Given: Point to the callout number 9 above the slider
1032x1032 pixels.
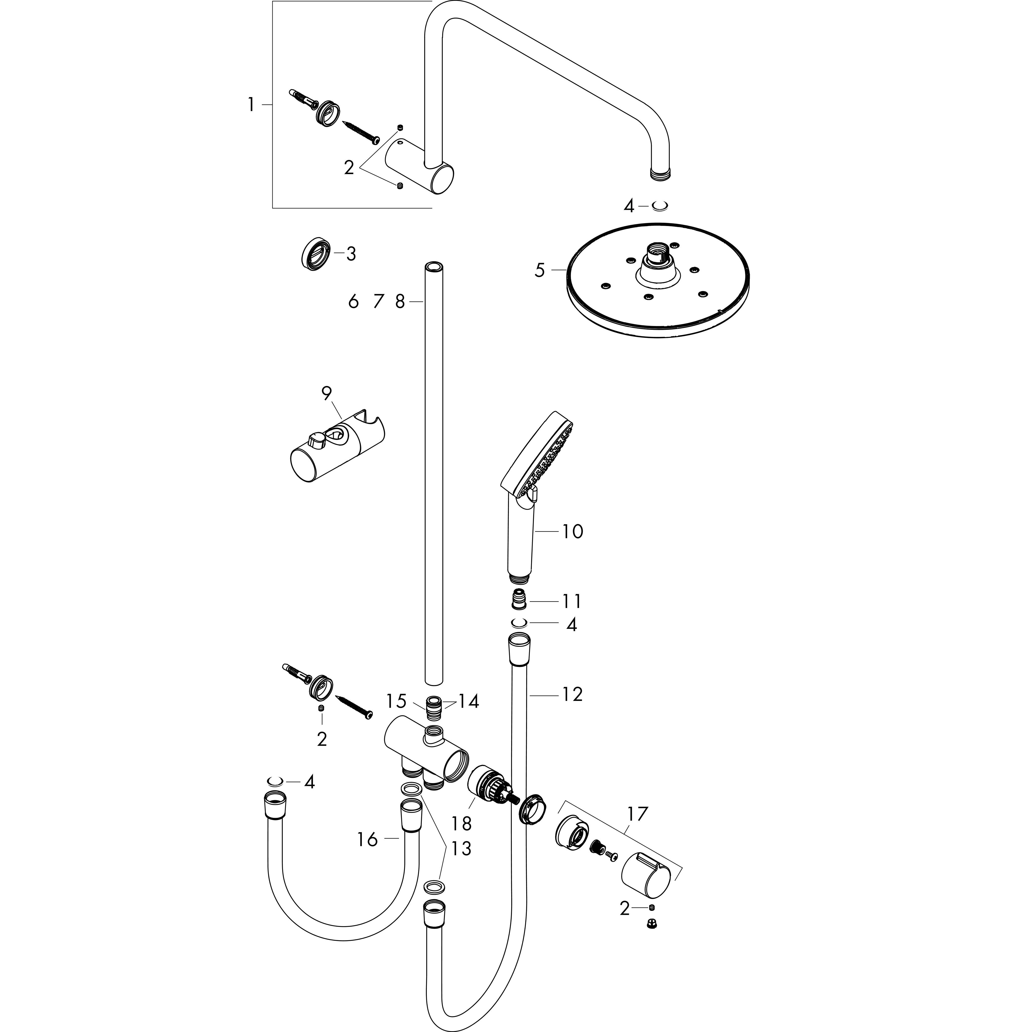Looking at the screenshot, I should [326, 394].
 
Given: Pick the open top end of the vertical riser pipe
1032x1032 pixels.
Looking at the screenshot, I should [434, 266].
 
